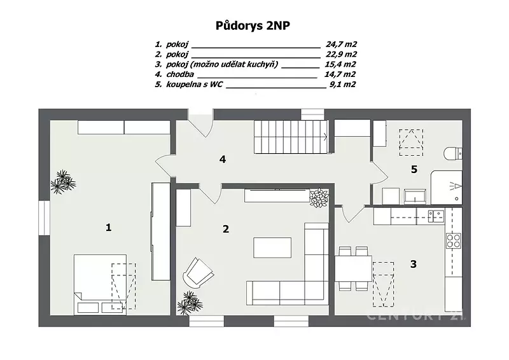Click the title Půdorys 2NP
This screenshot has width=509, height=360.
point(253,26)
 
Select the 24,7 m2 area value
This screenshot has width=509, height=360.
point(341,44)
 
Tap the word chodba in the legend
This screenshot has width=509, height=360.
point(180,74)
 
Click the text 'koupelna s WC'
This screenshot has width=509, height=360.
point(195,85)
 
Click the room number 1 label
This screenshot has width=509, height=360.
point(108,227)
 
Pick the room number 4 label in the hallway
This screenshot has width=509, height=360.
point(223,159)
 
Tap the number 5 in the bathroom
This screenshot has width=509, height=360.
point(414,169)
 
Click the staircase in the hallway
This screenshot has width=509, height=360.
point(291,137)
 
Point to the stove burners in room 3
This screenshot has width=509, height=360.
point(453,240)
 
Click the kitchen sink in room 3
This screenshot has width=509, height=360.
point(436,216)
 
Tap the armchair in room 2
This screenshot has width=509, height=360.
point(198,273)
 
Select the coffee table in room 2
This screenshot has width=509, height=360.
point(272,247)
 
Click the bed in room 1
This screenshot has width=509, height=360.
point(100,284)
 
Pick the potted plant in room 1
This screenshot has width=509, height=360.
point(63,182)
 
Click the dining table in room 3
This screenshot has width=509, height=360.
point(353,268)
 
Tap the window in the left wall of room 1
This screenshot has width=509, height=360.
point(44,218)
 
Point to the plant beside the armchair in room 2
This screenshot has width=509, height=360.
point(190,303)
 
